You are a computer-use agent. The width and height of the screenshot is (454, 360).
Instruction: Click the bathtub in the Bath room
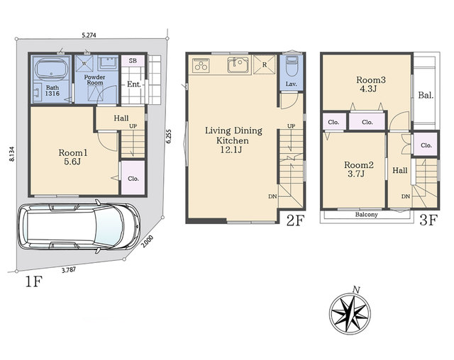(x=51, y=69)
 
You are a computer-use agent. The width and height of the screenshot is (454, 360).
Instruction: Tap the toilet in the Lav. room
(x=291, y=65)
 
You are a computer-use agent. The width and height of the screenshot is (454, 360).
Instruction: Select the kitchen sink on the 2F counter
(x=238, y=64)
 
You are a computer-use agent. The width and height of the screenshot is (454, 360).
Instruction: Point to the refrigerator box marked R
(x=264, y=64)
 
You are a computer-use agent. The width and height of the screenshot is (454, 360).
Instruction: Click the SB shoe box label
(x=133, y=61)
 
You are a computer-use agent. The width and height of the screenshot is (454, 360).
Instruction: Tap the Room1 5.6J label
(x=72, y=157)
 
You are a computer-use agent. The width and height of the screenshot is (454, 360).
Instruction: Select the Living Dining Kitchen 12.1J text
(x=233, y=140)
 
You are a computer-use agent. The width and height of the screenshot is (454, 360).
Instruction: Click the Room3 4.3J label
(x=370, y=84)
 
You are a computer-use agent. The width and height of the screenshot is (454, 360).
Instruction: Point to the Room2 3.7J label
(x=359, y=169)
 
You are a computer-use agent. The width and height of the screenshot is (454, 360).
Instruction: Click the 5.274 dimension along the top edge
(x=89, y=35)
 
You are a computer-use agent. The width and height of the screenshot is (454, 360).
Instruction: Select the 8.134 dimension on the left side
(x=12, y=154)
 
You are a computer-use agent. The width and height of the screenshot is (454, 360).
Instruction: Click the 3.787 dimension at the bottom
(x=69, y=270)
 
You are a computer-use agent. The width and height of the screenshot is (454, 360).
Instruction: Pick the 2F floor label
(x=295, y=221)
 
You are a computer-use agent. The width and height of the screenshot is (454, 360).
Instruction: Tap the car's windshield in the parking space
(x=109, y=226)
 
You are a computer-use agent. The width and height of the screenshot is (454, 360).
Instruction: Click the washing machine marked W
(x=85, y=63)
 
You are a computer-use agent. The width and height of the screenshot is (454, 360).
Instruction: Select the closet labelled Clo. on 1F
(x=133, y=177)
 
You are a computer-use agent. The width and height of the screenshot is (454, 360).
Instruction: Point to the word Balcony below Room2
(x=366, y=215)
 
